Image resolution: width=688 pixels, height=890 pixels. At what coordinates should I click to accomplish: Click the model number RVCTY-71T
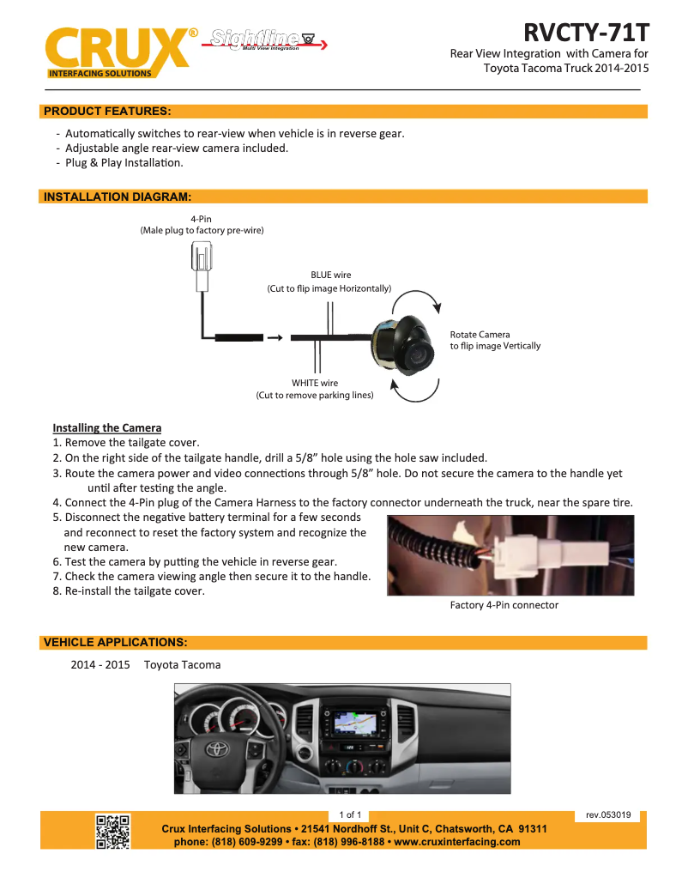(x=586, y=33)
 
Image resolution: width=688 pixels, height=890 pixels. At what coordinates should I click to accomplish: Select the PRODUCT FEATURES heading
(x=107, y=112)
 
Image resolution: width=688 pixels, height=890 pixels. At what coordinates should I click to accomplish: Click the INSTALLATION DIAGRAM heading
(x=117, y=197)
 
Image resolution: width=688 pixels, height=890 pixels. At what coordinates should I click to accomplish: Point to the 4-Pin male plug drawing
(x=202, y=266)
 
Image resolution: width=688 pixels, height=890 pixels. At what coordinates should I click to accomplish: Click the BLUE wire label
(x=330, y=275)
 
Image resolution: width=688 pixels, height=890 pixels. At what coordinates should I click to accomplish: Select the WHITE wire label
(x=315, y=383)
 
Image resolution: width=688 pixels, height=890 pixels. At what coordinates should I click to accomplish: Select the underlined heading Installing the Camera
(x=107, y=427)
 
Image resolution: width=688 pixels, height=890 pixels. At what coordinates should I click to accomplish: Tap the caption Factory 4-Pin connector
(x=504, y=605)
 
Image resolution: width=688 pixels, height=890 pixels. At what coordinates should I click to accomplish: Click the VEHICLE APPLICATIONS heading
(x=115, y=642)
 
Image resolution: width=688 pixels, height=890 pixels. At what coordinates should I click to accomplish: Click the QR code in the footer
(x=112, y=832)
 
